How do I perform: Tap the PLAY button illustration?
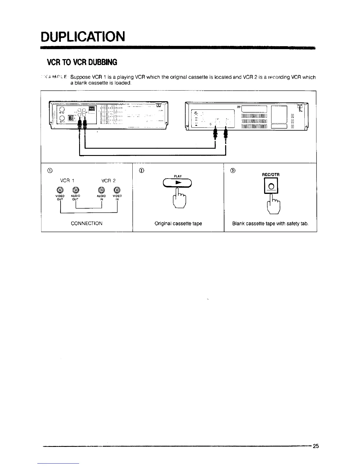(177, 183)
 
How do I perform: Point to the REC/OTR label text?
(271, 175)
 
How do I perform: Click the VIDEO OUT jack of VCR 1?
(60, 190)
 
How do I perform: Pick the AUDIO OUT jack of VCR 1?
(76, 190)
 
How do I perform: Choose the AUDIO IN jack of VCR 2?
(101, 190)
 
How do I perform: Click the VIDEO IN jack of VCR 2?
(117, 190)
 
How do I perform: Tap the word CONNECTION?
(86, 223)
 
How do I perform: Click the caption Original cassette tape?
(178, 224)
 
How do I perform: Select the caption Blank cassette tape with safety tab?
(270, 224)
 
